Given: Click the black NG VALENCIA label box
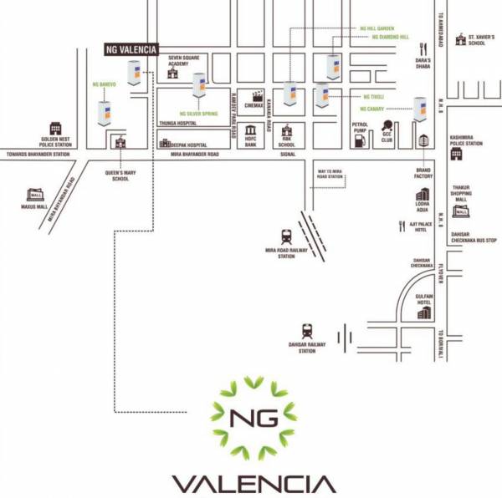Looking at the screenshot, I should [130, 49].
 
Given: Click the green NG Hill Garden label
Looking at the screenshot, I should [377, 28].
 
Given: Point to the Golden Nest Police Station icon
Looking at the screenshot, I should [56, 129].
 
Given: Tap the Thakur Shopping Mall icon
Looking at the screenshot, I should [461, 211].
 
